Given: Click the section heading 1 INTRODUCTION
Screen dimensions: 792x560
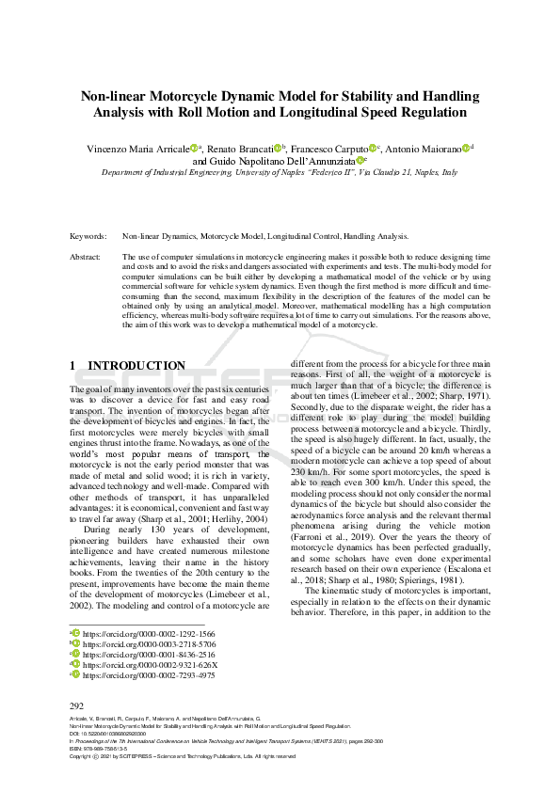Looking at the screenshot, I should (128, 365).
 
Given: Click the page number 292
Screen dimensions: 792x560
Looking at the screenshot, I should (77, 705).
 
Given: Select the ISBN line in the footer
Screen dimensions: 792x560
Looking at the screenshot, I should (104, 749).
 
